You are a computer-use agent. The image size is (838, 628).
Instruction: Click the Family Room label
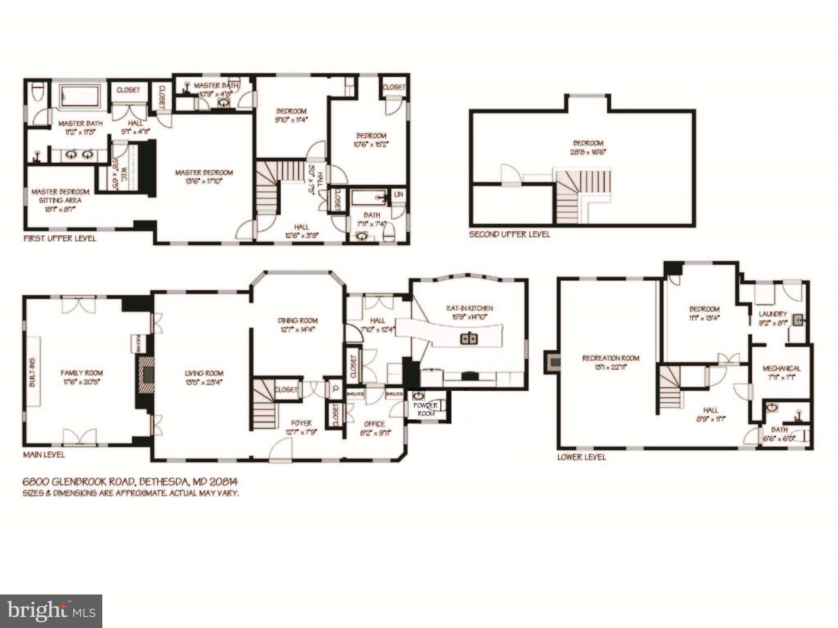pyautogui.click(x=81, y=373)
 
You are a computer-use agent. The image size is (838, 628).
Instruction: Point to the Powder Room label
pyautogui.click(x=426, y=409)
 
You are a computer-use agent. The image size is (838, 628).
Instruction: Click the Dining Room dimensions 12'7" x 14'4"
pyautogui.click(x=297, y=330)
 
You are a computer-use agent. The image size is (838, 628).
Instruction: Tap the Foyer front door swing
pyautogui.click(x=281, y=449)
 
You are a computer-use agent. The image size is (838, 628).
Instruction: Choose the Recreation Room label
pyautogui.click(x=610, y=359)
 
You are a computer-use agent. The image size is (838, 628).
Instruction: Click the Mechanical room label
pyautogui.click(x=782, y=369)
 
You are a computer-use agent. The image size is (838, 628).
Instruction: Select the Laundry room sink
pyautogui.click(x=797, y=320)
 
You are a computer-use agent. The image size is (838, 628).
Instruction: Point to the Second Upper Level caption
pyautogui.click(x=509, y=235)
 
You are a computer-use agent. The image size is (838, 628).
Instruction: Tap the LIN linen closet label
pyautogui.click(x=399, y=195)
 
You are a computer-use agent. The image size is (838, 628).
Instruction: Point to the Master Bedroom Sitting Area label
pyautogui.click(x=60, y=196)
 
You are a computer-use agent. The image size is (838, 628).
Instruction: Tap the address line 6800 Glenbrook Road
pyautogui.click(x=130, y=482)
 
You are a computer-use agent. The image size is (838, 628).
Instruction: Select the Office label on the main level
pyautogui.click(x=374, y=424)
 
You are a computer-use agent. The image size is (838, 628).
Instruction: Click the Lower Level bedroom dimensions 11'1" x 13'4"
pyautogui.click(x=704, y=318)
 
